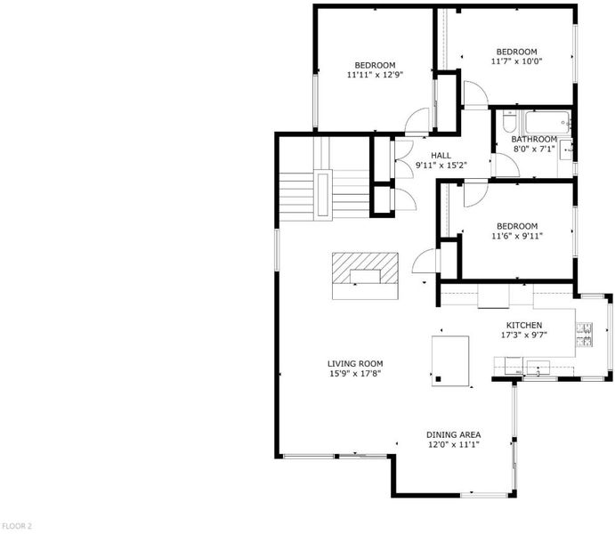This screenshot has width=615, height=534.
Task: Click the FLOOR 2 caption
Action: click(x=17, y=526)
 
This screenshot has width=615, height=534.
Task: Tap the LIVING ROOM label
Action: click(x=355, y=364)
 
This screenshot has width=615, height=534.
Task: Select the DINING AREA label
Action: click(x=453, y=435)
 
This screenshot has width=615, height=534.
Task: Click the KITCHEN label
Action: click(x=524, y=325)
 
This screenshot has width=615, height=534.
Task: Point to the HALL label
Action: click(x=441, y=155)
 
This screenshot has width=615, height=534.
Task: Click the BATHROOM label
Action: click(x=534, y=139)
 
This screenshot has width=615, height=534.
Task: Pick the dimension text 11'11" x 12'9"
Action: click(x=376, y=75)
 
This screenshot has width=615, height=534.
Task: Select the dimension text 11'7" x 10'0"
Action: click(x=516, y=61)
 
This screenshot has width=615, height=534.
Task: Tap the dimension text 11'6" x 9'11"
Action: click(x=516, y=236)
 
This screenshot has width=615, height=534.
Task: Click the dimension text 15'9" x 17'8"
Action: click(x=355, y=374)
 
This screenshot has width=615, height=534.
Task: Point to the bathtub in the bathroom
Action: click(x=547, y=123)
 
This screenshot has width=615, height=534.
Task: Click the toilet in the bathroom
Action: click(x=509, y=122)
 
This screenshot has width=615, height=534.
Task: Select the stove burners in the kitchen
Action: click(x=584, y=335)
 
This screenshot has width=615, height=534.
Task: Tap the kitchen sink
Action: click(x=538, y=368)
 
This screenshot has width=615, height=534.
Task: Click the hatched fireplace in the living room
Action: click(x=365, y=268)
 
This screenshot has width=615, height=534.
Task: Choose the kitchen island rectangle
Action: click(x=450, y=361)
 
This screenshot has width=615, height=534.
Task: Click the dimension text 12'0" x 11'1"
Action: click(x=453, y=445)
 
